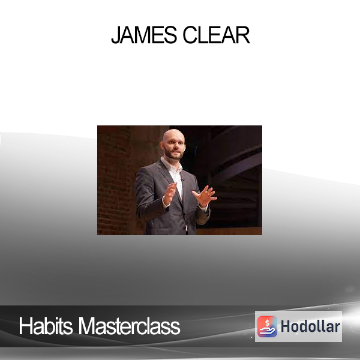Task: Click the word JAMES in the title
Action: [x=144, y=35]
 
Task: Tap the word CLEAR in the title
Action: [x=216, y=35]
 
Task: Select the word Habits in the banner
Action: [x=46, y=326]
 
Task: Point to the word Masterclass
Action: [x=129, y=326]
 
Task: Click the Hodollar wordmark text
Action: [x=310, y=326]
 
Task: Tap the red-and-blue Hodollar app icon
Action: [x=267, y=326]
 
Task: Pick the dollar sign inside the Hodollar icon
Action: [x=267, y=323]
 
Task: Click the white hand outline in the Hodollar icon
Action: [x=267, y=331]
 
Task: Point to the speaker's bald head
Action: [x=173, y=136]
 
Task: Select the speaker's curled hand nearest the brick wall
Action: [x=169, y=194]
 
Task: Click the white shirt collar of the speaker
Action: [x=172, y=166]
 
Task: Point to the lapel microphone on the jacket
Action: [x=183, y=180]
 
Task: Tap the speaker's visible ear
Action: [x=163, y=145]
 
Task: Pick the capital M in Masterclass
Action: [x=87, y=326]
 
